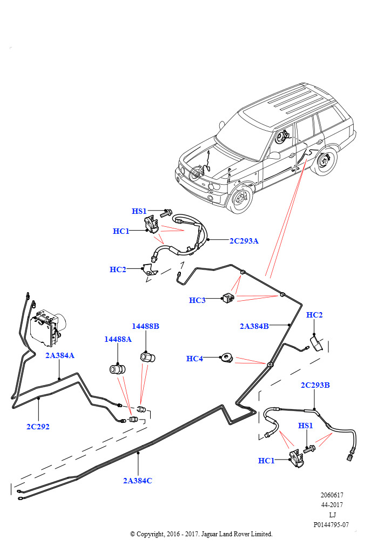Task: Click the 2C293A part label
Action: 244,241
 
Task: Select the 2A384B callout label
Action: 254,326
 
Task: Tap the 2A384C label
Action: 138,480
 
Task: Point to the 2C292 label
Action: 38,427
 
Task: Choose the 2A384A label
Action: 59,355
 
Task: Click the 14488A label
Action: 118,339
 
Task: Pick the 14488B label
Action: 145,326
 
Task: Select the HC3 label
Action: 197,300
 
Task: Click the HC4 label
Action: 194,359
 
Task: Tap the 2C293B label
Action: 315,385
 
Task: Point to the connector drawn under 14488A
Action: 117,369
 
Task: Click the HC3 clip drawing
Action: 228,298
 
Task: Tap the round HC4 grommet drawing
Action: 227,359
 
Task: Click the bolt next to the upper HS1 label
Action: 166,213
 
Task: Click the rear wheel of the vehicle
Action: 325,161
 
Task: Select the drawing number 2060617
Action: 332,495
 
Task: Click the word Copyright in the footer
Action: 150,534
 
